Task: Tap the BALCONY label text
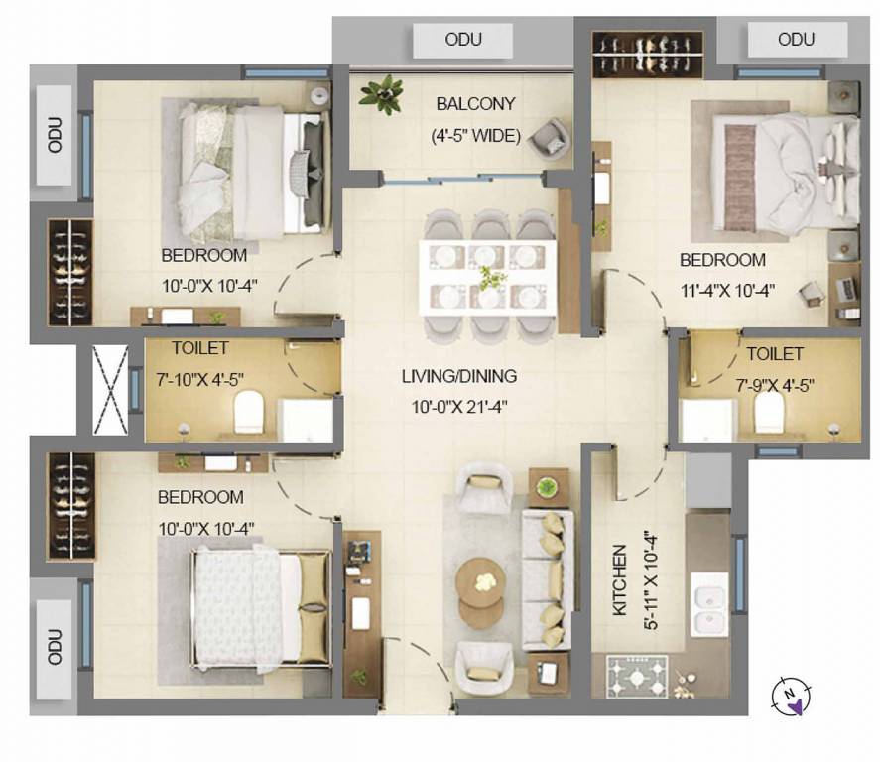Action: pos(476,104)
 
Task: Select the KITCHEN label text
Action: pos(619,579)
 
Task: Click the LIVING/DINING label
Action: pos(459,377)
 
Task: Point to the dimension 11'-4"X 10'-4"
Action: pos(727,291)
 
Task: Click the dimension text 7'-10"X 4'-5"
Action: pos(199,378)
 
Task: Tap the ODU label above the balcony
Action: pos(463,40)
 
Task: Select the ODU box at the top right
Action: pos(796,40)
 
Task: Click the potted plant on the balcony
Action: pos(382,95)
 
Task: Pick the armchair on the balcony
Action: pos(548,137)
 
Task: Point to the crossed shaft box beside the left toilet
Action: pos(110,389)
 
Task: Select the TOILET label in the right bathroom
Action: pos(775,354)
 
